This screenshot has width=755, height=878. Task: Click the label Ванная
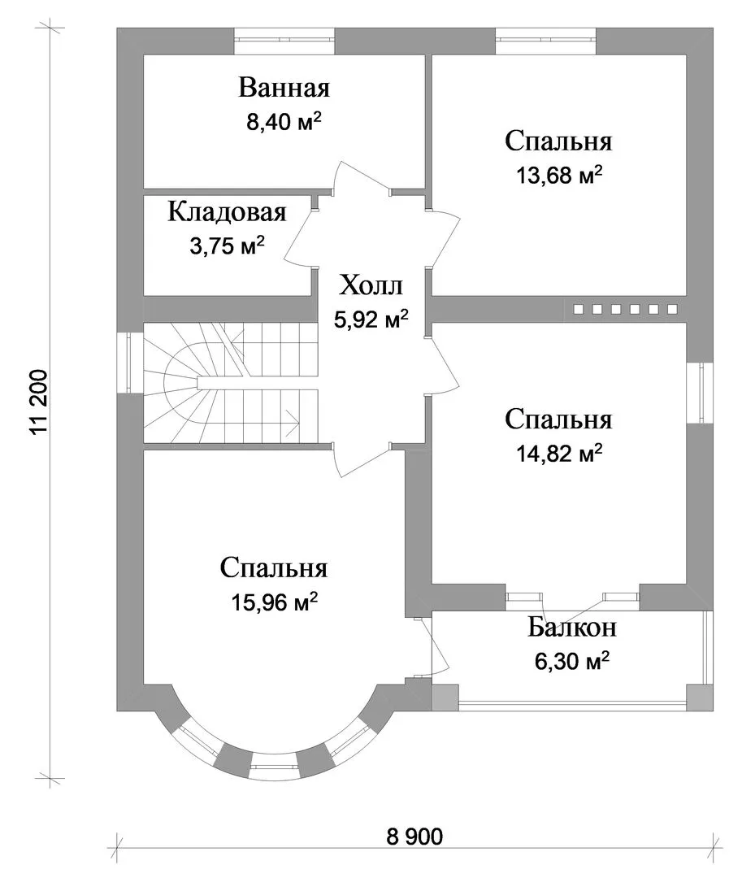pos(284,87)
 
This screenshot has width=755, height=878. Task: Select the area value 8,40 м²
pos(284,122)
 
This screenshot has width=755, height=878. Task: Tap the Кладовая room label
pos(227,212)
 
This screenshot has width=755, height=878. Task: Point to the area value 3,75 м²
pos(227,246)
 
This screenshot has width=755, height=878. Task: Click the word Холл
pos(371,286)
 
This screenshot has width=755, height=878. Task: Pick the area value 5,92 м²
pos(371,319)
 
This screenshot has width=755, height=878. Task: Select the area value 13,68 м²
pos(558,175)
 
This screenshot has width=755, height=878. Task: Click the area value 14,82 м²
pos(558,454)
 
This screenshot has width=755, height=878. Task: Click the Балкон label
pos(571,628)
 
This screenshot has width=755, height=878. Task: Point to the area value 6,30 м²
pos(571,662)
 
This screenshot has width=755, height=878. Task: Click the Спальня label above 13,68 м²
pos(558,141)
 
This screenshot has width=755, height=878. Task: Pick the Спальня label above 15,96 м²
pos(274,568)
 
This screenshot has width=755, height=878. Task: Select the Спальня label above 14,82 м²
pos(558,419)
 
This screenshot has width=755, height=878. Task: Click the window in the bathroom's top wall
pos(284,35)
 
